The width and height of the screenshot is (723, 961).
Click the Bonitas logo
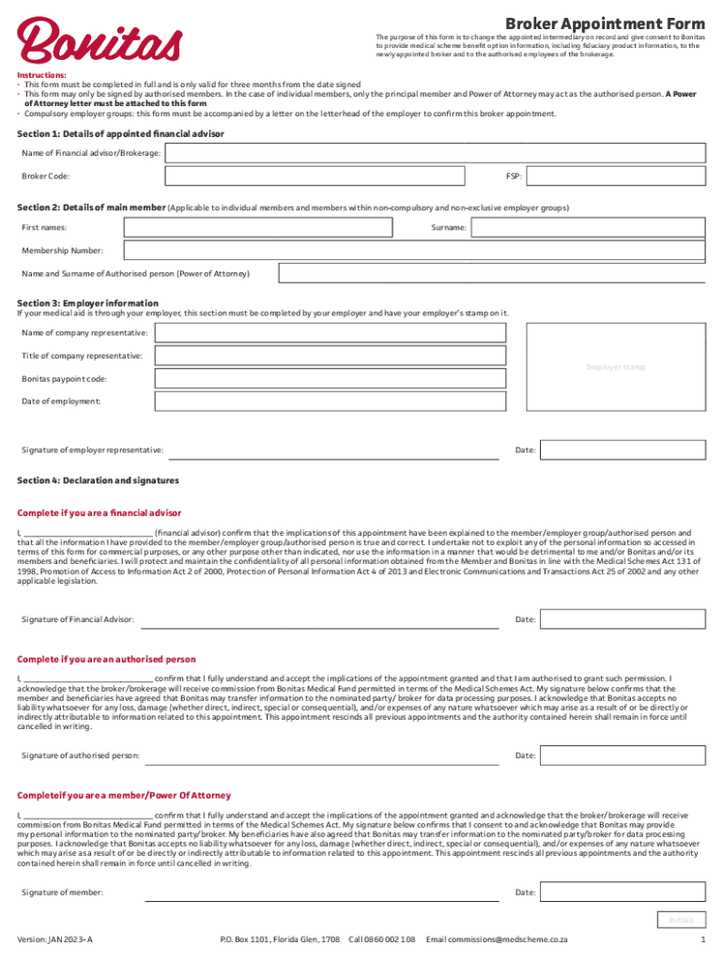[98, 39]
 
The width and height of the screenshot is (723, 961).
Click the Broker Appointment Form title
[605, 23]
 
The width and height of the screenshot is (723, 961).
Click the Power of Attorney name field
[492, 274]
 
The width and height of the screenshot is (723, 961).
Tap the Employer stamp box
[616, 367]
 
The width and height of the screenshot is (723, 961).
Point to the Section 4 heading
[98, 480]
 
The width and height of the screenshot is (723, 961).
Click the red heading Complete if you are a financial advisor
[100, 513]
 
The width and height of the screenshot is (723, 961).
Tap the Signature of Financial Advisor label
[78, 619]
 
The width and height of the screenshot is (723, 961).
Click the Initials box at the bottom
[681, 920]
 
